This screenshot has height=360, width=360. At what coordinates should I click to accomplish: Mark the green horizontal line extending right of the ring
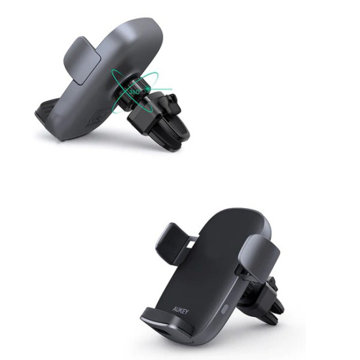coord(164,89)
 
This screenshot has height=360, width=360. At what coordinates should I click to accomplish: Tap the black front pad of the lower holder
coord(196,275)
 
